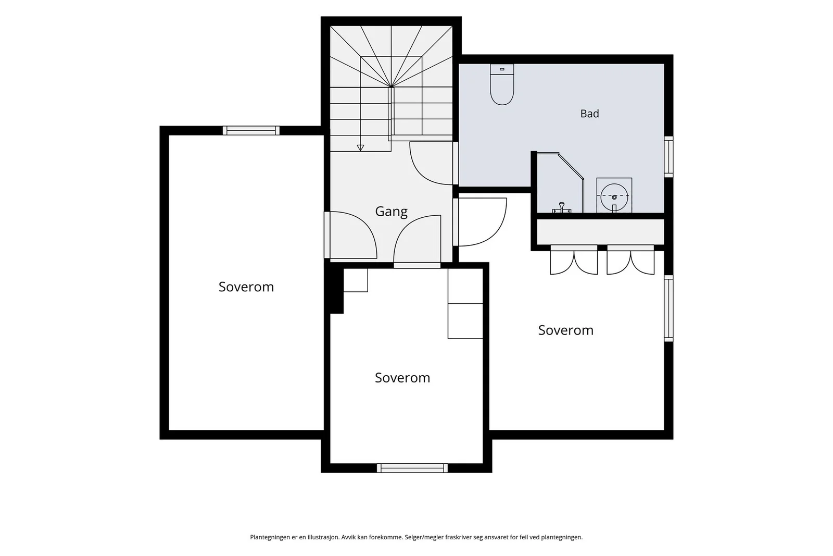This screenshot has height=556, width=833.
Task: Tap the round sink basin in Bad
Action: tap(614, 197)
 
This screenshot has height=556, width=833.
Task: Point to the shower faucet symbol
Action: tap(562, 208)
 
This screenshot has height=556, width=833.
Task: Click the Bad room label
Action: tap(589, 114)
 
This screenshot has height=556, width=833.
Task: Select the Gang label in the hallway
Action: tap(391, 212)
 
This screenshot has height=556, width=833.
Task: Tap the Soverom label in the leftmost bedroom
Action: tap(246, 287)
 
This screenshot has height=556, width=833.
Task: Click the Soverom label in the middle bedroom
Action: tap(402, 378)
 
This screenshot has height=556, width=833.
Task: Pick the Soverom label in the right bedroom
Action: tap(565, 330)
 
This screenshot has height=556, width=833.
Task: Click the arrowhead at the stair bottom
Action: tap(360, 148)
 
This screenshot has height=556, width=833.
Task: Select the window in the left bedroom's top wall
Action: tap(251, 130)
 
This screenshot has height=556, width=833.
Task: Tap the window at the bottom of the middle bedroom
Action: tap(412, 468)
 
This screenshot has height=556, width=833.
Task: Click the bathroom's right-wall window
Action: tap(668, 157)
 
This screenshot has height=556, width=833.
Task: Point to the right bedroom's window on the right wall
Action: tap(668, 308)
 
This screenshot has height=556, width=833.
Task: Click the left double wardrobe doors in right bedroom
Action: tap(574, 263)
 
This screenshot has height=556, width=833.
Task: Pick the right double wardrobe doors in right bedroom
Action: tap(630, 263)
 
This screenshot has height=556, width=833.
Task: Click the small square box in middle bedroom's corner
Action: tap(356, 280)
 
